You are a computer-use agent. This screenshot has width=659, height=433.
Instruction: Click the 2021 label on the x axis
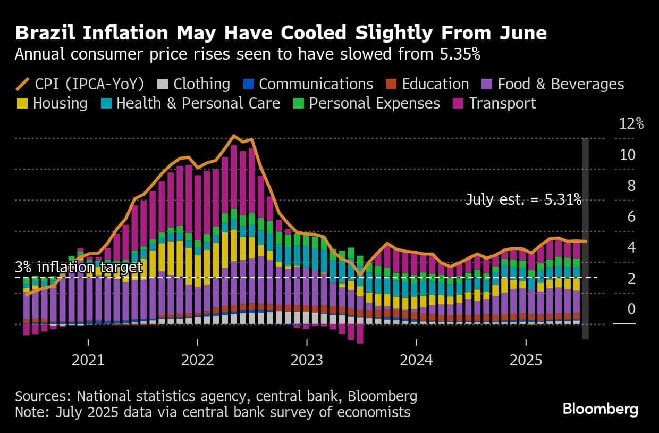[88, 360]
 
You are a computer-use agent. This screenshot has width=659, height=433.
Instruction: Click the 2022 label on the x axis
[197, 360]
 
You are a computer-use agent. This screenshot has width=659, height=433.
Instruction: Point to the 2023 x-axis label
[307, 360]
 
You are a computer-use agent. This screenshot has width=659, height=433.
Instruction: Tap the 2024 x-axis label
[416, 360]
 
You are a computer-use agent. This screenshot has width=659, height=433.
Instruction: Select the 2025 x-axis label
[526, 360]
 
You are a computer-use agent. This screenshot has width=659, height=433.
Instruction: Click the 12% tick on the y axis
[631, 124]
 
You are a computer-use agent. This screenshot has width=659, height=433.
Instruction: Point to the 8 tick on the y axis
[631, 186]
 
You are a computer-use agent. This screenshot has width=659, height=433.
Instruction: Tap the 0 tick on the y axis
[631, 309]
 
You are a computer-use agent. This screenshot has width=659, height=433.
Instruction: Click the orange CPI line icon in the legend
[23, 84]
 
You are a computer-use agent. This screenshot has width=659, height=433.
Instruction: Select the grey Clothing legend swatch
[163, 84]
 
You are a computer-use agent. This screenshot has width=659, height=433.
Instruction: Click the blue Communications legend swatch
[249, 84]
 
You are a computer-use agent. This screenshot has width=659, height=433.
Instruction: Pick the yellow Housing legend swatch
[23, 103]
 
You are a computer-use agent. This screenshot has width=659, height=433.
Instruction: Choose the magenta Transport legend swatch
[459, 103]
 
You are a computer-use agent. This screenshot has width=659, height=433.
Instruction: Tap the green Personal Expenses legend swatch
[299, 103]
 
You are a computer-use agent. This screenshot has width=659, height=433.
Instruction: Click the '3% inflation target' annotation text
[79, 267]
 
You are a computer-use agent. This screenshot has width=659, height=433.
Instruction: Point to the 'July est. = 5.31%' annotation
[523, 200]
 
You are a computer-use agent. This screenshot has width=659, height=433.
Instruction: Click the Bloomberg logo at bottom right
[600, 409]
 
